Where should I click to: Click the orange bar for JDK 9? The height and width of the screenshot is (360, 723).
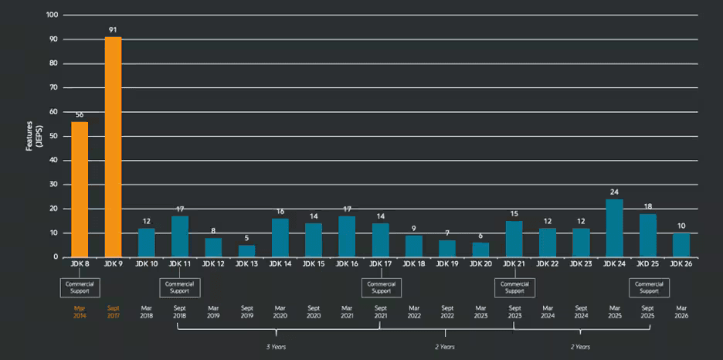tap(113, 147)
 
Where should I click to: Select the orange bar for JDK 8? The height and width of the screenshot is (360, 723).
tap(80, 189)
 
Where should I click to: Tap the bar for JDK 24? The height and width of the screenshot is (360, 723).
tap(615, 228)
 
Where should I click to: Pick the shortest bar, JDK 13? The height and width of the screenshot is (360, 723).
tap(246, 251)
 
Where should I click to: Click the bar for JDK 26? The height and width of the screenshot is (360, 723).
tap(681, 245)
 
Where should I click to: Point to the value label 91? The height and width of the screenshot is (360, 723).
tap(113, 31)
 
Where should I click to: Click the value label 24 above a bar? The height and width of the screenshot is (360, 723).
tap(615, 192)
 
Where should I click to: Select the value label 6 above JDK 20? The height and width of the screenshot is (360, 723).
tap(480, 236)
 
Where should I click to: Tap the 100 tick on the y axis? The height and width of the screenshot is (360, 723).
tap(52, 15)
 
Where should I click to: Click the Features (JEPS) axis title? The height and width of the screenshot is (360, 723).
tap(32, 136)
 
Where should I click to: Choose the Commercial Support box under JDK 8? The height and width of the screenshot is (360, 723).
tap(80, 287)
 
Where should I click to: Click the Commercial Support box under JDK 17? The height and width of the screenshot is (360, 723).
tap(381, 287)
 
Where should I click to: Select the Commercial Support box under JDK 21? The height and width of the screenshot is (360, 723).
tap(514, 287)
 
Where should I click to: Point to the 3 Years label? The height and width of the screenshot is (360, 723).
tap(275, 347)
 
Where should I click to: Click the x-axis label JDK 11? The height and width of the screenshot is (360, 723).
tap(180, 264)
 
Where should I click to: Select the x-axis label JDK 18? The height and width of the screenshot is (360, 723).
tap(414, 264)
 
